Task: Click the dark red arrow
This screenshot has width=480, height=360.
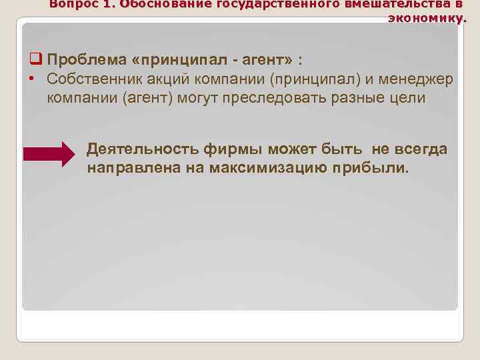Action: [49, 154]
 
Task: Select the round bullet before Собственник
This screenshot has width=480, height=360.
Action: [33, 79]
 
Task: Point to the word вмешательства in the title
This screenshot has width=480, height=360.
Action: [393, 4]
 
